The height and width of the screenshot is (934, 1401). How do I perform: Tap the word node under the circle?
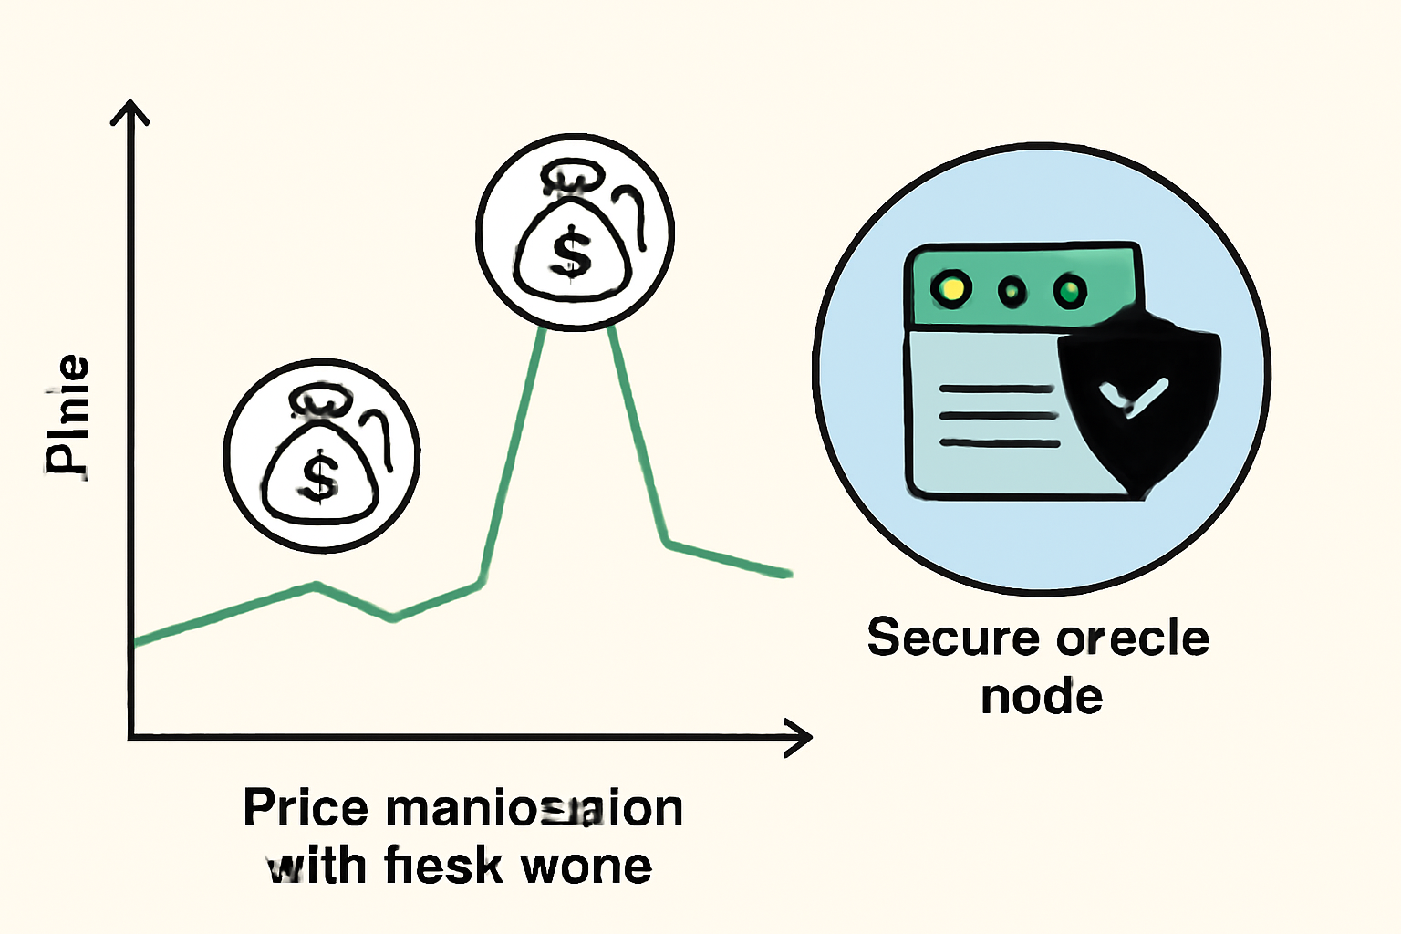tap(1042, 698)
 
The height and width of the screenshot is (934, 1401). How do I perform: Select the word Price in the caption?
tap(306, 808)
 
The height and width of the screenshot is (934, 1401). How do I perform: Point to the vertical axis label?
tap(67, 415)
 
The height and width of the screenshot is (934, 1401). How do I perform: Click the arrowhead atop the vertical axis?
tap(130, 111)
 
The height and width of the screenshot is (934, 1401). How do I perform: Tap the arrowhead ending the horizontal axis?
tap(798, 737)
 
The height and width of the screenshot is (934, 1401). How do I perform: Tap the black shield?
tap(1140, 401)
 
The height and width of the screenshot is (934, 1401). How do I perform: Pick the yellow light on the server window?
tap(950, 289)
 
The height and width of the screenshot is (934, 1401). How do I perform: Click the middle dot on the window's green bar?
tap(1012, 292)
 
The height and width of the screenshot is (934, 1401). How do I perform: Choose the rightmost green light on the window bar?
tap(1069, 292)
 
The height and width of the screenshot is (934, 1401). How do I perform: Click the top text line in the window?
tap(996, 389)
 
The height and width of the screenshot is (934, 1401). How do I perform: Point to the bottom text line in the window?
tap(1000, 443)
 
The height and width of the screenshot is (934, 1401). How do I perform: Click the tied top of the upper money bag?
tap(573, 179)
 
